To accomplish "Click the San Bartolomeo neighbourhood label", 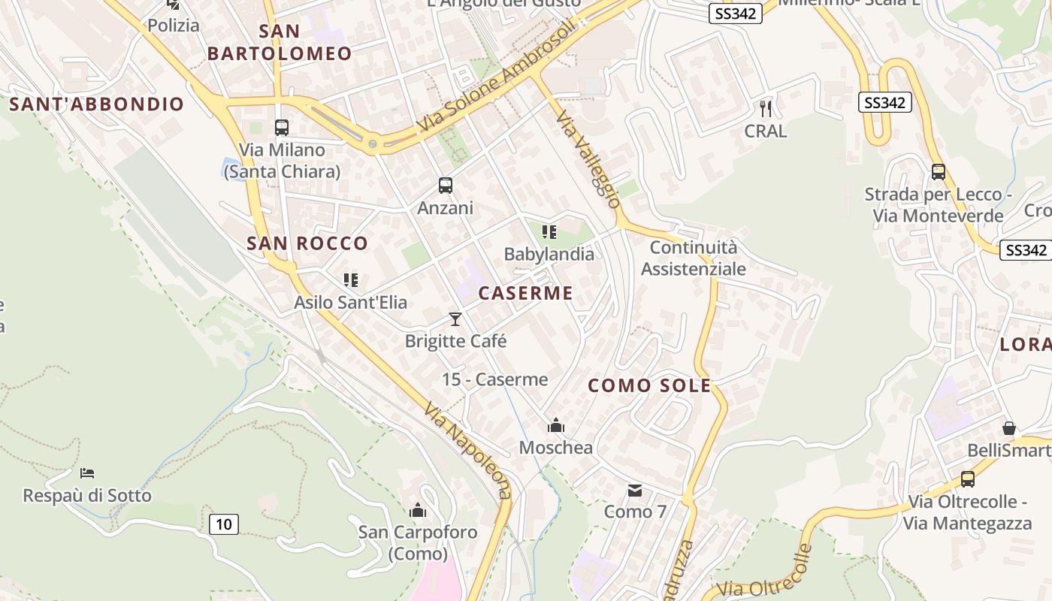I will pos(280,42).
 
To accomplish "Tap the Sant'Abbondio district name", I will pos(97,104).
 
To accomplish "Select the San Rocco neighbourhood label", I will pos(307,243).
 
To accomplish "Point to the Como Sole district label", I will pos(649,386).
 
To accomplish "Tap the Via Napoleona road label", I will pos(467,451).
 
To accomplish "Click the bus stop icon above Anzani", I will pos(446,185).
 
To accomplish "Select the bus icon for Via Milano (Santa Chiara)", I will pos(282,128).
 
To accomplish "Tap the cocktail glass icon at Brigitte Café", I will pos(455,319).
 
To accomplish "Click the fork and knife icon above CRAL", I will pos(766,109).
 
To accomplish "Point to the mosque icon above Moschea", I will pos(556,426).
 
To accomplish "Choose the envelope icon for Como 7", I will pos(635,491).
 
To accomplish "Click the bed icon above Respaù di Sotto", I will pos(87,473).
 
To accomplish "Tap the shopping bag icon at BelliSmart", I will pos(1009,428).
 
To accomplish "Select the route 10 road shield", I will pos(224,524).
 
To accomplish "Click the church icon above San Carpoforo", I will pos(418,511).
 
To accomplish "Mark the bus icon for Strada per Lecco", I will pos(939,171).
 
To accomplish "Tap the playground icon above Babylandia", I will pos(549,233).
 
